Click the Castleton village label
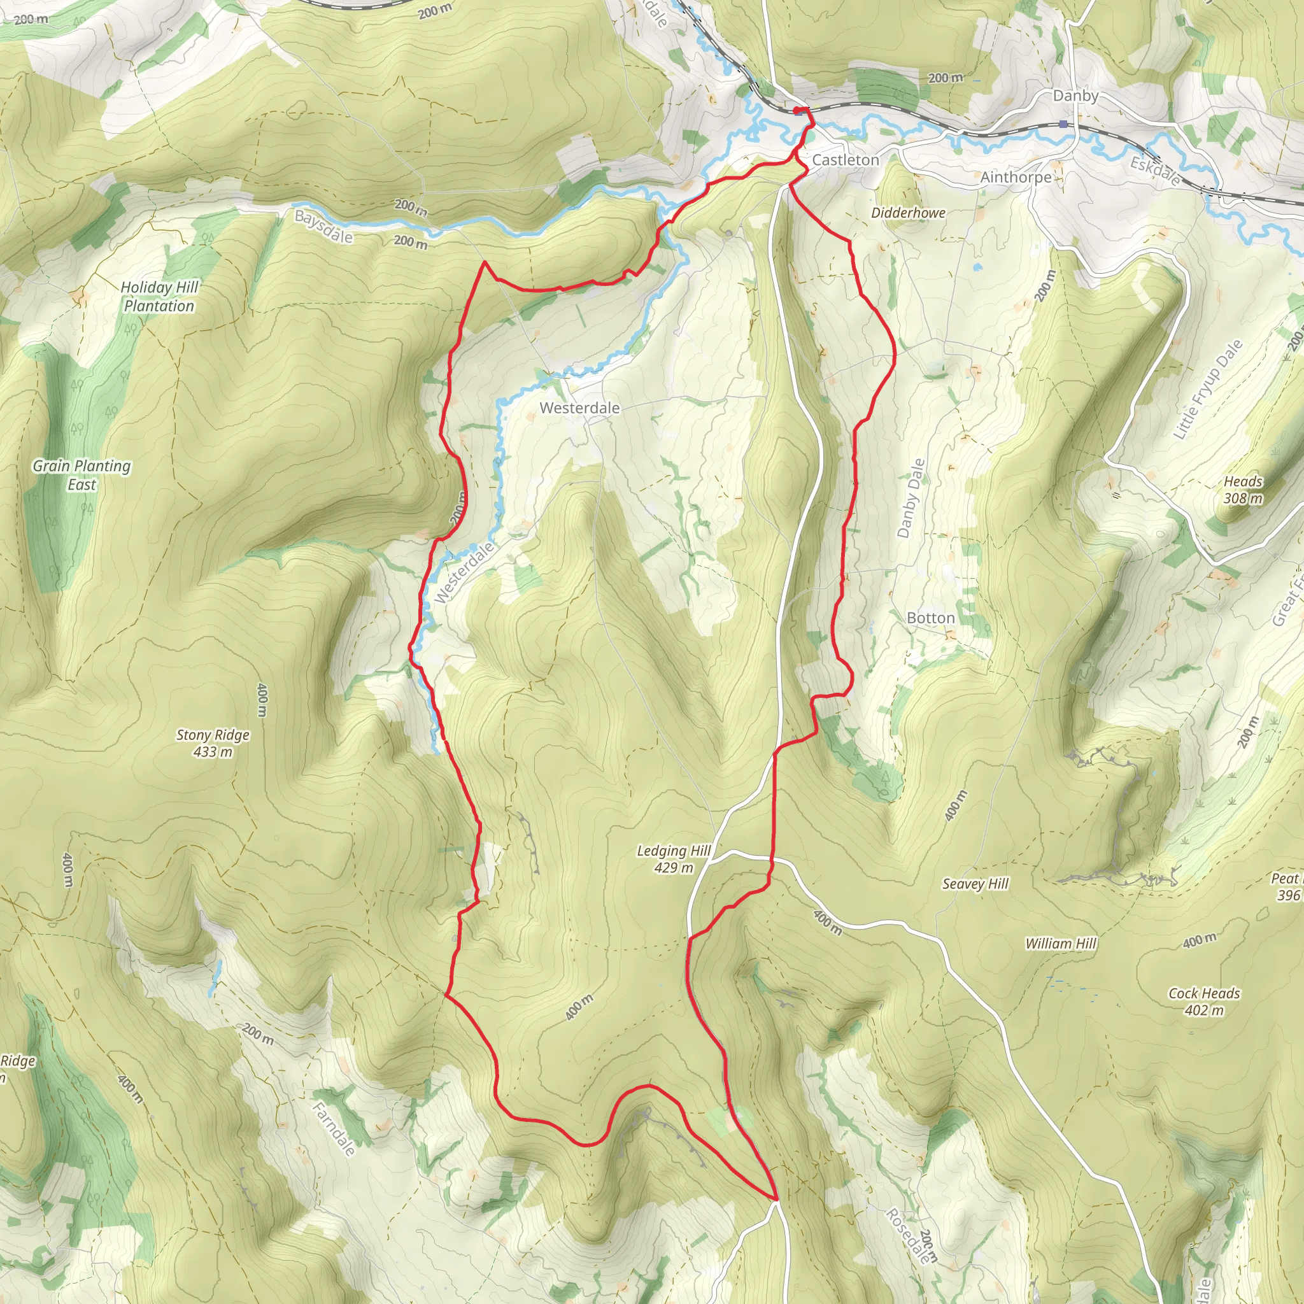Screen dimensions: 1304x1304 pyautogui.click(x=845, y=160)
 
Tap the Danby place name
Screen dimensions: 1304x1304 pyautogui.click(x=1075, y=96)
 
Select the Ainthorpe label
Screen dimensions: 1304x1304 pyautogui.click(x=1015, y=177)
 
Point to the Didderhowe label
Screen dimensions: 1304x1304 pyautogui.click(x=908, y=213)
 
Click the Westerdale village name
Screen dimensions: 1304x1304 pyautogui.click(x=579, y=407)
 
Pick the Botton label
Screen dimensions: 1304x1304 pyautogui.click(x=930, y=618)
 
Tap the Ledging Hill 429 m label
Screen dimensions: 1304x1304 pyautogui.click(x=673, y=858)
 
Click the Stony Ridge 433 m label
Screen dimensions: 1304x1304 pyautogui.click(x=213, y=742)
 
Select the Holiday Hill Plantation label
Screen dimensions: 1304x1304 pyautogui.click(x=159, y=296)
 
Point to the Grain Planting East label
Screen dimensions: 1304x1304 pyautogui.click(x=81, y=474)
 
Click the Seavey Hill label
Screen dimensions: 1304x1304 pyautogui.click(x=975, y=884)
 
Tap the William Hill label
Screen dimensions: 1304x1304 pyautogui.click(x=1060, y=943)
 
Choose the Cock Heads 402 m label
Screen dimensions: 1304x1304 pyautogui.click(x=1203, y=1001)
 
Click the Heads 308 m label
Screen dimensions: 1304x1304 pyautogui.click(x=1243, y=490)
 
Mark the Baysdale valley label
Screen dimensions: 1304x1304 pyautogui.click(x=323, y=227)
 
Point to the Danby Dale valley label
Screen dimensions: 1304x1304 pyautogui.click(x=911, y=498)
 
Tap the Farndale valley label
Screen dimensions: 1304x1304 pyautogui.click(x=334, y=1128)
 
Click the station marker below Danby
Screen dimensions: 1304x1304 pyautogui.click(x=1063, y=124)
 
